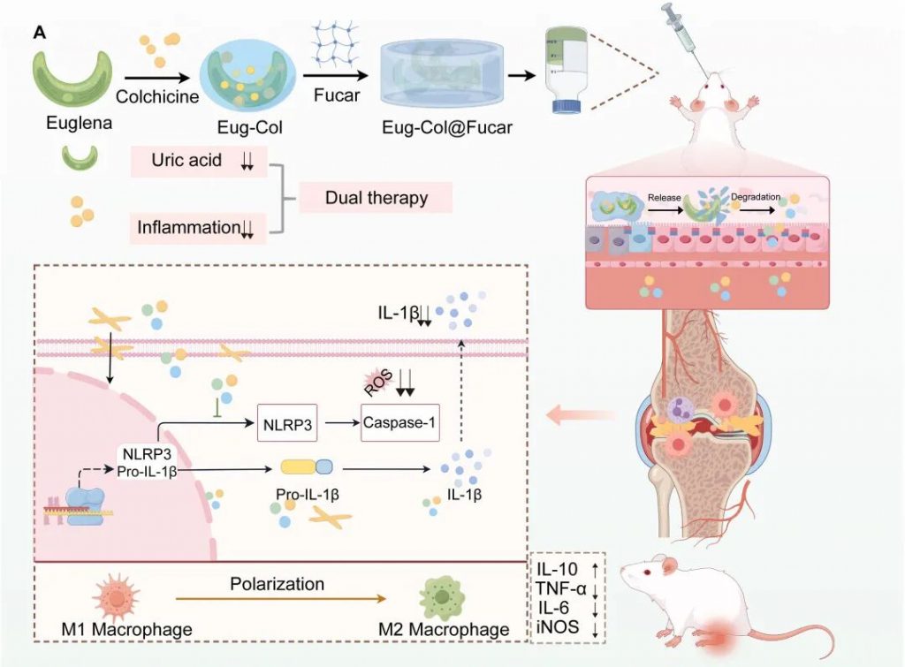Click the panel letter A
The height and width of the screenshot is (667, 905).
40,33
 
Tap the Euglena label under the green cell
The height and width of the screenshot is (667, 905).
80,124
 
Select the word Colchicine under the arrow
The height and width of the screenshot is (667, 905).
157,97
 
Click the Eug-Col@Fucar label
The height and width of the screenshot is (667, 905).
447,128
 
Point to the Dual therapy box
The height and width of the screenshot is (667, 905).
376,198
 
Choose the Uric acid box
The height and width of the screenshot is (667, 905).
198,162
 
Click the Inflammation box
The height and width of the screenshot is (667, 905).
198,228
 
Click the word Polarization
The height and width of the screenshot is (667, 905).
277,584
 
